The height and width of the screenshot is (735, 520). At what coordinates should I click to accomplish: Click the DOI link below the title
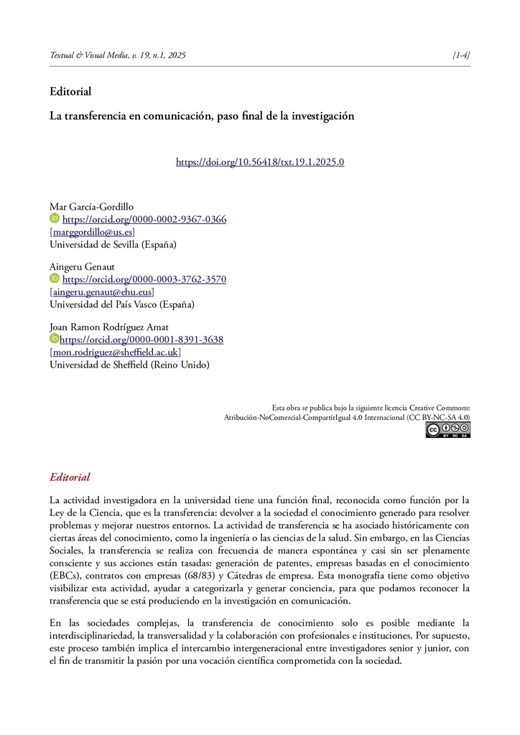(x=260, y=161)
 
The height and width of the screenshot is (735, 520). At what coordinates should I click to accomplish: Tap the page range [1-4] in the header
(x=461, y=55)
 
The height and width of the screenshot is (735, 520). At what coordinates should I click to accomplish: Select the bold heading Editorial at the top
(x=70, y=91)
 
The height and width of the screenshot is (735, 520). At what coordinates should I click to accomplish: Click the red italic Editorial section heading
(x=70, y=477)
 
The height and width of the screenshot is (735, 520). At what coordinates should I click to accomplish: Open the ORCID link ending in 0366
(x=144, y=219)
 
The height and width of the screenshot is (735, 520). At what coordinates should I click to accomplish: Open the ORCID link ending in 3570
(x=144, y=279)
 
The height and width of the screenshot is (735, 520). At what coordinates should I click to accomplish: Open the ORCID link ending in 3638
(x=141, y=340)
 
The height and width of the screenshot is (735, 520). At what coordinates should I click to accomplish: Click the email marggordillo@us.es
(x=92, y=232)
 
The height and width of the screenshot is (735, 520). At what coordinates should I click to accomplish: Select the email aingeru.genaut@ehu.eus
(x=101, y=292)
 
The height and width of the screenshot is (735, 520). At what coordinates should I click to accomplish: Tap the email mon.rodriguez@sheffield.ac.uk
(x=115, y=352)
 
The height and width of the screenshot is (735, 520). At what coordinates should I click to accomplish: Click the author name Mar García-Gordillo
(x=91, y=207)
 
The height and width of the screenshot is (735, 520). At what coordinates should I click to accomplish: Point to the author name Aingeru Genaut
(x=82, y=266)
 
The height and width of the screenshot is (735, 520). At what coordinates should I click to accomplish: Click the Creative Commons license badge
(x=447, y=429)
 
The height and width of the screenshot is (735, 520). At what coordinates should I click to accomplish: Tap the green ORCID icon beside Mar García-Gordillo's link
(x=54, y=218)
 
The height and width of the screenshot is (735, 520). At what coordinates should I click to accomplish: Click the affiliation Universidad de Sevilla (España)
(x=112, y=244)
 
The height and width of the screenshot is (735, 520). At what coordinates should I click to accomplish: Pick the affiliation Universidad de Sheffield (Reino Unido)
(x=129, y=365)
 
